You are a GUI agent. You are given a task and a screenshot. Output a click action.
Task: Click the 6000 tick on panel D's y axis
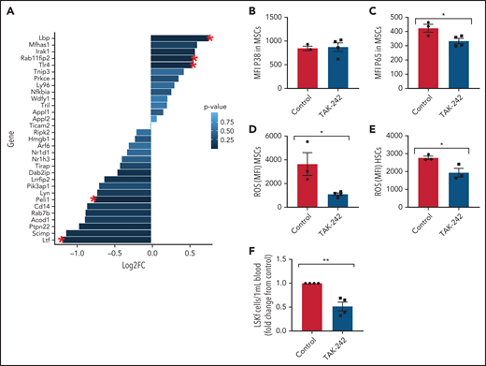278,138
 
